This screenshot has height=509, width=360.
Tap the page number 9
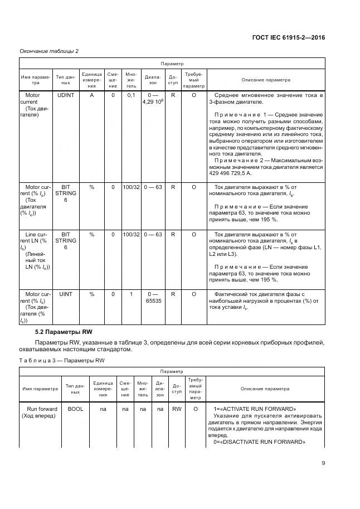(x=323, y=462)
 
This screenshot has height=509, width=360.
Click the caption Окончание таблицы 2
(x=49, y=51)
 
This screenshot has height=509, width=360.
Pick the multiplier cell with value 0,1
(x=131, y=95)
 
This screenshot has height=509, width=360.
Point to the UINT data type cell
(x=66, y=293)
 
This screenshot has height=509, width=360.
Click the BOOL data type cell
(x=75, y=409)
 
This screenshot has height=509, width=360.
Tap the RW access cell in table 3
(x=177, y=409)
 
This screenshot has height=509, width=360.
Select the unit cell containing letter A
(x=91, y=95)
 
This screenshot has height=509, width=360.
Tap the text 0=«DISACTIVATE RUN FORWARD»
(x=259, y=442)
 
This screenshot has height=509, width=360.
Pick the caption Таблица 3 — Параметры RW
(x=62, y=360)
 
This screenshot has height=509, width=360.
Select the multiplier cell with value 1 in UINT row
(x=131, y=293)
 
